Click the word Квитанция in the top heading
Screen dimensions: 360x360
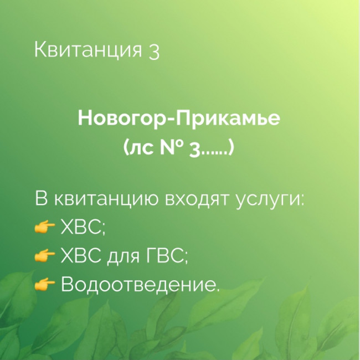88,50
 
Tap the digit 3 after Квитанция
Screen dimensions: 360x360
154,52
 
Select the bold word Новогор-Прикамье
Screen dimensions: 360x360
179,119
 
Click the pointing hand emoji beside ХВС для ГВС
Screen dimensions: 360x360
44,255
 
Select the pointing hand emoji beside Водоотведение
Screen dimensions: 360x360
44,284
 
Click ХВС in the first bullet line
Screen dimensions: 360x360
81,227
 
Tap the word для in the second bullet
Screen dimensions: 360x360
124,257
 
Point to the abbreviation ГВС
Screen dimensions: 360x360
165,255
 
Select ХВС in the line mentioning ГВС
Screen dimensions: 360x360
81,255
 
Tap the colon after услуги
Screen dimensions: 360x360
302,200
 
